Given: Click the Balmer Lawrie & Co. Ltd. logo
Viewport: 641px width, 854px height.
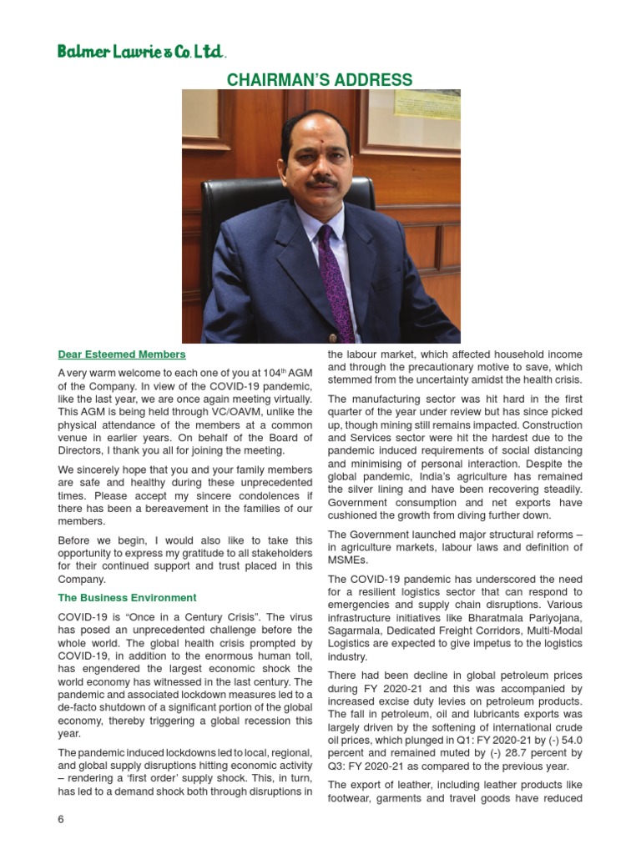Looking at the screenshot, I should [x=141, y=52].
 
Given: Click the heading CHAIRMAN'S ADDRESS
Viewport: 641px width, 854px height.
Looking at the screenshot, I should [x=320, y=80].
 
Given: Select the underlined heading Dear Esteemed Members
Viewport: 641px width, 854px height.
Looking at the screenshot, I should [x=122, y=354].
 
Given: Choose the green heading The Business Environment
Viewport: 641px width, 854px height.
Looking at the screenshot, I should [x=127, y=598].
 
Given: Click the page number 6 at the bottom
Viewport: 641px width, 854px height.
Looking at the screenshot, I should [x=61, y=819].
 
